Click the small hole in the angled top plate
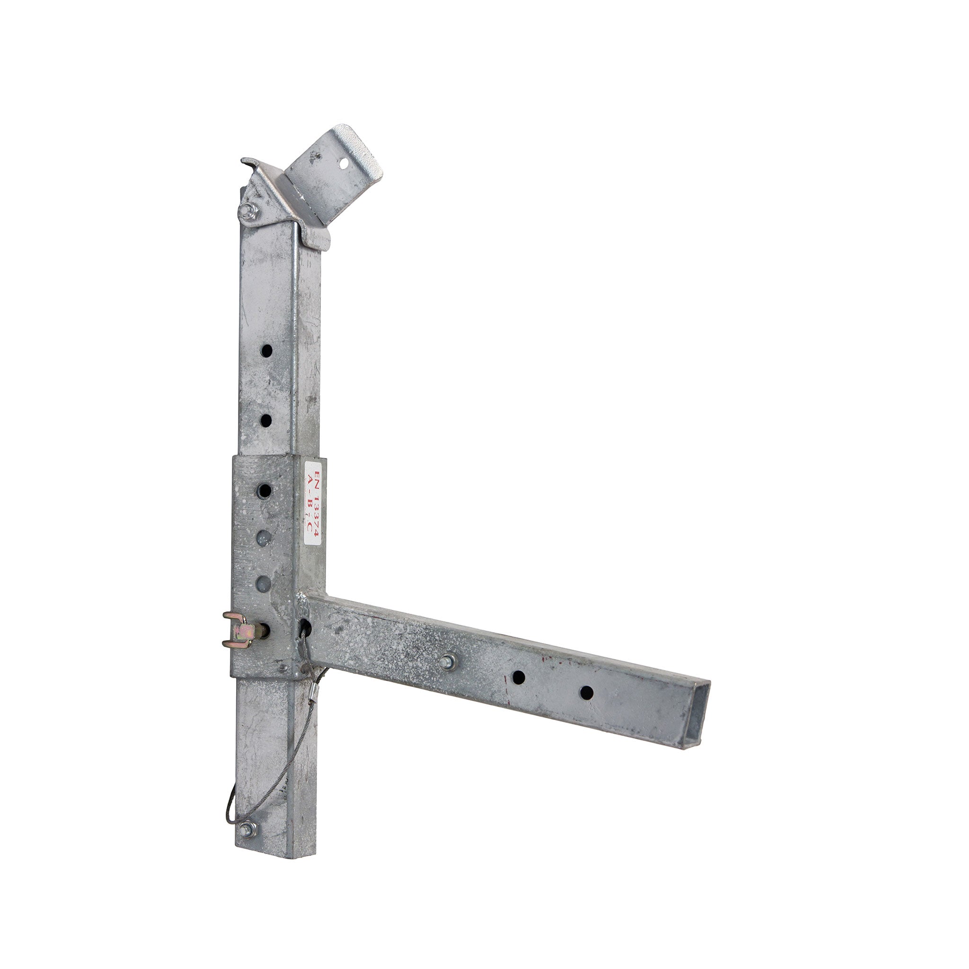[x=344, y=164]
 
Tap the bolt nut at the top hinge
[x=249, y=211]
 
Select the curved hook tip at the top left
[x=244, y=161]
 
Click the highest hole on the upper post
[x=266, y=351]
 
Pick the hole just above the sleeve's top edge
[x=266, y=420]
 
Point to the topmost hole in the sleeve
[x=264, y=491]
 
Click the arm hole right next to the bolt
[x=518, y=678]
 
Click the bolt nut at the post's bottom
[x=247, y=829]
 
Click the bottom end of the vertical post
[x=278, y=854]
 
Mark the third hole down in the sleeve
[x=264, y=583]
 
